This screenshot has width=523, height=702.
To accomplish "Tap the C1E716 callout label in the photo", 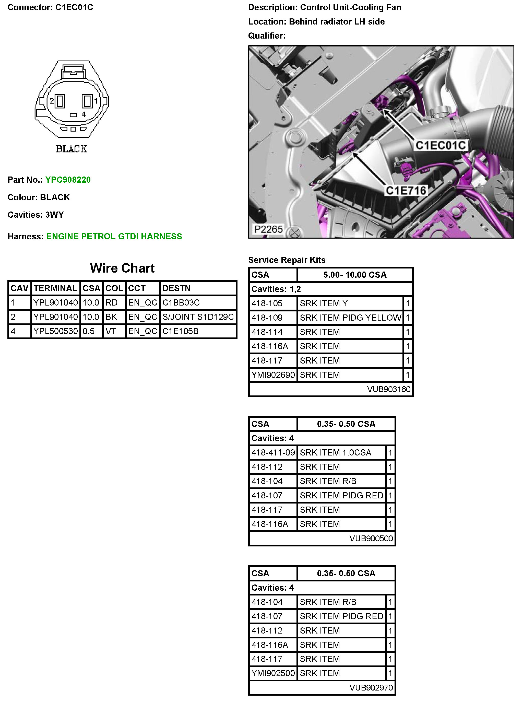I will tap(406, 191).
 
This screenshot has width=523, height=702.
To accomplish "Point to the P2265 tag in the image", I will tap(268, 229).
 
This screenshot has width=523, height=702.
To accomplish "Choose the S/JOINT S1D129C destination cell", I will tap(198, 317).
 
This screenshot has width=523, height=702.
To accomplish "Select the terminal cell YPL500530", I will tap(56, 331).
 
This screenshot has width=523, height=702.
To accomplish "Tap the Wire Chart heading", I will tap(122, 268).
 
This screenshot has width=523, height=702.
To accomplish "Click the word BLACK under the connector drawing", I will tap(72, 149).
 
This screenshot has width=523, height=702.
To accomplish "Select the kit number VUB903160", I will tap(388, 389).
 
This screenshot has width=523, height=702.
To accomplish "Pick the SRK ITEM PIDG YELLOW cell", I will tap(350, 318).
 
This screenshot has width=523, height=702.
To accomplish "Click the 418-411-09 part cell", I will tap(273, 452).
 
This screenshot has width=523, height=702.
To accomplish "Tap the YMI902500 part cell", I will tap(273, 673).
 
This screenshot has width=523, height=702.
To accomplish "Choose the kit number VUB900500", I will tap(371, 538).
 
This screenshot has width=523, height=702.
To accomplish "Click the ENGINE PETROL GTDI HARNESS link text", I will tap(114, 237).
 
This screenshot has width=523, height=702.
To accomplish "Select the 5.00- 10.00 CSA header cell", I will tap(355, 275).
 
